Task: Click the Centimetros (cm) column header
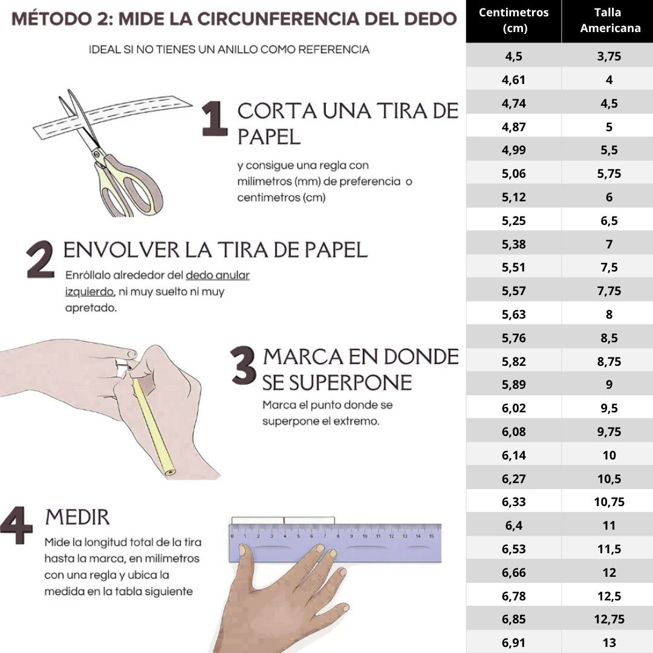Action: [513, 20]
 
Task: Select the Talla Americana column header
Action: [609, 20]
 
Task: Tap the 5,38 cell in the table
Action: [513, 244]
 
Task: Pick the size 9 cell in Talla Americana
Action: [609, 385]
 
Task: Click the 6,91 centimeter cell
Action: [513, 643]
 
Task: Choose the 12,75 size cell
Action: [609, 619]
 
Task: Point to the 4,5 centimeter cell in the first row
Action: [513, 57]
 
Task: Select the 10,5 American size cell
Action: [609, 479]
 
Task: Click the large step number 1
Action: [214, 119]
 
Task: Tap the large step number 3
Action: [243, 366]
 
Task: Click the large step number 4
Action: [16, 525]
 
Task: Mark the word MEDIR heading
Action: [77, 517]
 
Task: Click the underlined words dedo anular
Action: [218, 275]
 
